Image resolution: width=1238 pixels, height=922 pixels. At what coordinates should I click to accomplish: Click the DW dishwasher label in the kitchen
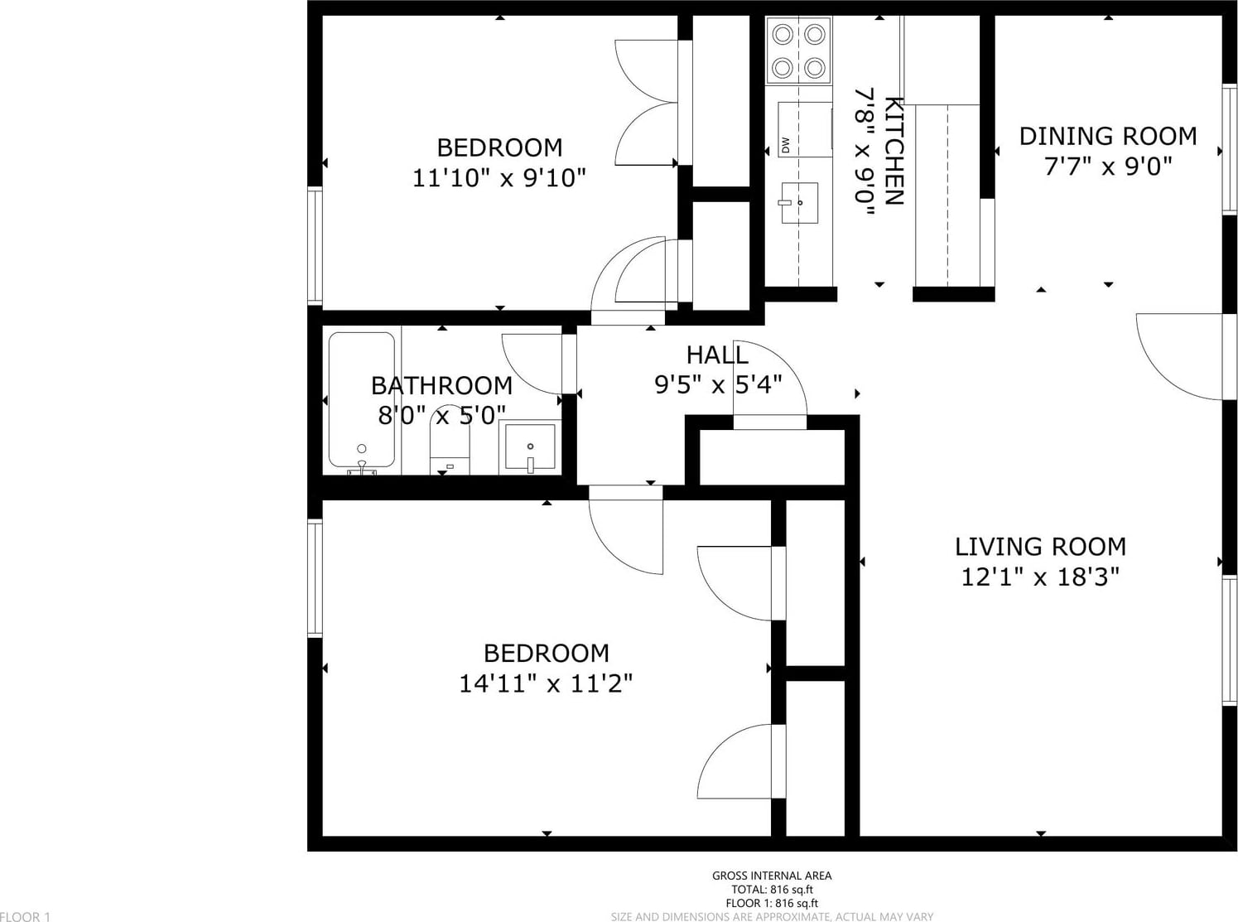click(786, 145)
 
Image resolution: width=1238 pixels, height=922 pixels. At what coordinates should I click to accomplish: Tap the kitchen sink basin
click(800, 203)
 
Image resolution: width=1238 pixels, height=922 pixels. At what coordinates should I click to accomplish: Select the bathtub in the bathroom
click(362, 400)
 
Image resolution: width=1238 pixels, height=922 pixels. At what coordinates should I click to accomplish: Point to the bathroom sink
click(530, 447)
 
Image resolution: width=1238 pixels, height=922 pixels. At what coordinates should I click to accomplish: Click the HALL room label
click(717, 355)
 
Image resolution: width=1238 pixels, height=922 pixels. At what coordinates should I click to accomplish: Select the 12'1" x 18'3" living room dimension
click(1040, 577)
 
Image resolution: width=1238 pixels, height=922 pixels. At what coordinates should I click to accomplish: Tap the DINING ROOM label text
click(1108, 136)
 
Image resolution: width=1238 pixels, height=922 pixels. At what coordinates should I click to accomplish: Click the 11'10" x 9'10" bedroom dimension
click(499, 178)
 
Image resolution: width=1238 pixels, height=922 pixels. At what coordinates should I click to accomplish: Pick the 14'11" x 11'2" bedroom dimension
click(546, 683)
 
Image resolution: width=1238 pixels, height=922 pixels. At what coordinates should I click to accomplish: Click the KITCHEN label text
click(894, 152)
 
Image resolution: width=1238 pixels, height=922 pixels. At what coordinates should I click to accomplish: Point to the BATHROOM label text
click(441, 385)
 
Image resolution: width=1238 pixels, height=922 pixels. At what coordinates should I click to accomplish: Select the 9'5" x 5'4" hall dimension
click(718, 384)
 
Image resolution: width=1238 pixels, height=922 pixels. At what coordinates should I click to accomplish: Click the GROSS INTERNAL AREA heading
click(772, 876)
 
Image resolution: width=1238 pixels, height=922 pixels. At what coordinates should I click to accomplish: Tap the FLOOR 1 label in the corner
click(25, 916)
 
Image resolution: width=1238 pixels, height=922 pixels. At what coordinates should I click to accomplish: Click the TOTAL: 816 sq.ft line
click(772, 890)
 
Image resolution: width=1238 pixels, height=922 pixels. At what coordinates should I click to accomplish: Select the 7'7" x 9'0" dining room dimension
click(1108, 166)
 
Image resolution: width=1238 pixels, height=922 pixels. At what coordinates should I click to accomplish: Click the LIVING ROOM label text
click(1040, 546)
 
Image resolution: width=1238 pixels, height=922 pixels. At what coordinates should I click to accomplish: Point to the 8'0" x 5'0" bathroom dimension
click(441, 415)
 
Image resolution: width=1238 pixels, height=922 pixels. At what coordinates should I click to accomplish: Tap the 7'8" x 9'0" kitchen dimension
click(864, 152)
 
